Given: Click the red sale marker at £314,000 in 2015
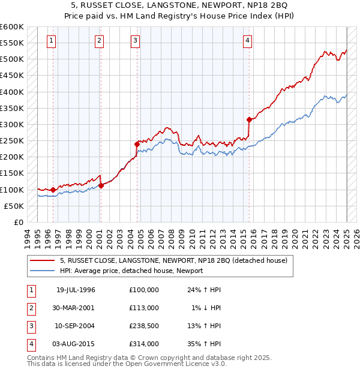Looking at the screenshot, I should [x=248, y=119].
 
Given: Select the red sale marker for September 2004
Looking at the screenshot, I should [x=137, y=144].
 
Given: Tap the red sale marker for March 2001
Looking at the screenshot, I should [x=101, y=185].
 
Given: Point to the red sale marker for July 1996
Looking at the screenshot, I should [x=53, y=190].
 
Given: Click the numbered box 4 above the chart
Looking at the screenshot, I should [x=247, y=41].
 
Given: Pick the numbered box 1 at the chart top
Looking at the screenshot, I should [x=52, y=41].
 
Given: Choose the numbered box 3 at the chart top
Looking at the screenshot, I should [x=136, y=41].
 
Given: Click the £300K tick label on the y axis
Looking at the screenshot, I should [x=11, y=124].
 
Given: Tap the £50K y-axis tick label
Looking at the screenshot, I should [x=14, y=206].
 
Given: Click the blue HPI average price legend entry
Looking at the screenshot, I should [x=131, y=271].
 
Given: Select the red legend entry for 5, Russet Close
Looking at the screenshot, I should [x=174, y=260].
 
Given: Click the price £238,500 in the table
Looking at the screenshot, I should [x=144, y=326].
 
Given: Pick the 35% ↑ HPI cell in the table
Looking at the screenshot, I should [x=205, y=344].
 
